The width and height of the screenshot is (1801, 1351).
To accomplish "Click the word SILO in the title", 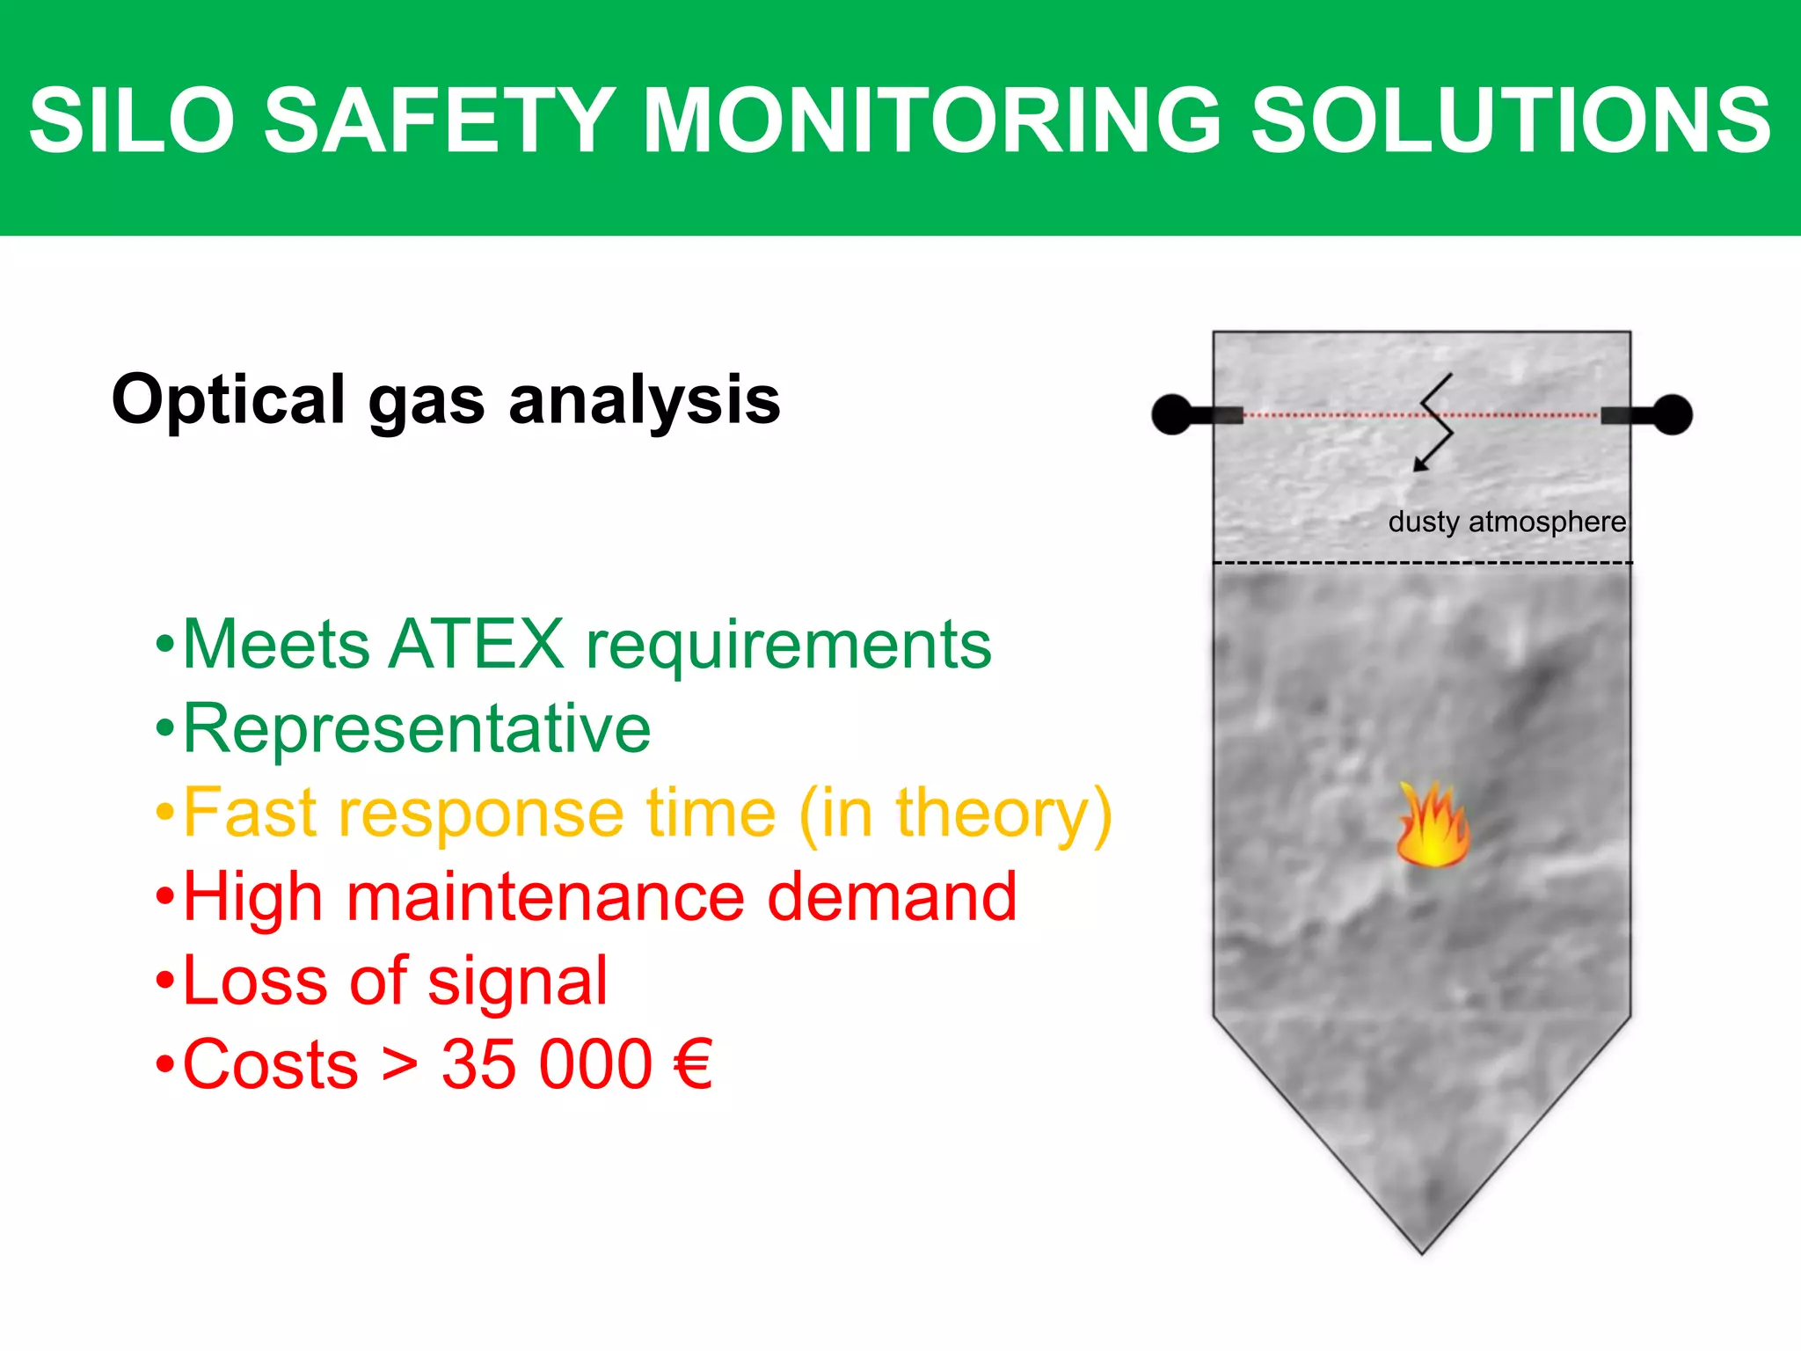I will (x=132, y=120).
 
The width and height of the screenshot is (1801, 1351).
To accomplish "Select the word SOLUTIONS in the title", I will (x=1511, y=120).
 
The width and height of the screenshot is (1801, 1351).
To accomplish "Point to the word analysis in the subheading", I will (x=645, y=400).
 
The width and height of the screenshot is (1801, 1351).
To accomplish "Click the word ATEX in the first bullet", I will (x=476, y=644).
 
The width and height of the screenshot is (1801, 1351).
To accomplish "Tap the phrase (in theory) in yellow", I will (x=955, y=813).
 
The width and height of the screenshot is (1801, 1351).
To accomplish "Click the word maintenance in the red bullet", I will (x=545, y=897).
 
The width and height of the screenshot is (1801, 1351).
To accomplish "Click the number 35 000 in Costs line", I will (x=546, y=1064).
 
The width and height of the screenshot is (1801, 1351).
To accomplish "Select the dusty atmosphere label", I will (x=1506, y=522).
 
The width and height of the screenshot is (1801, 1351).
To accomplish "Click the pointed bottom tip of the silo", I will (x=1422, y=1249).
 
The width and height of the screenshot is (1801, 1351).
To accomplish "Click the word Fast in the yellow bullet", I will (x=249, y=813).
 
